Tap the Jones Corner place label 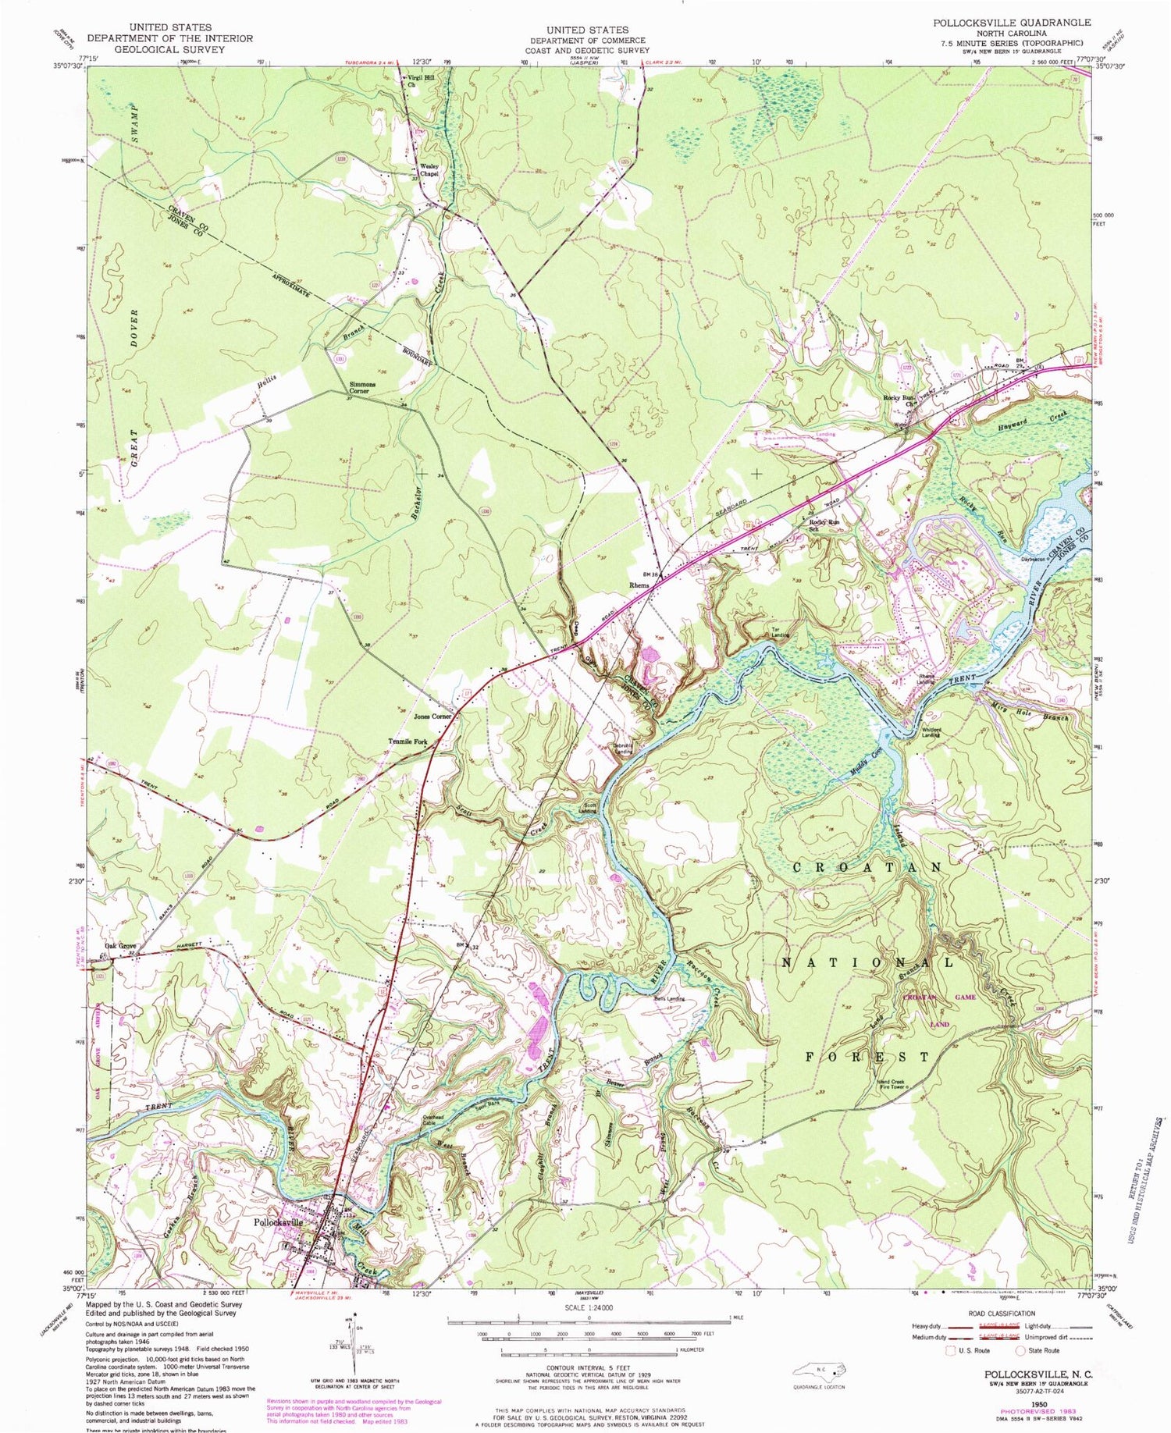coord(432,715)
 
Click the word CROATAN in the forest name coord(868,867)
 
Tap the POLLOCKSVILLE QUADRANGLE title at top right coord(1012,23)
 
